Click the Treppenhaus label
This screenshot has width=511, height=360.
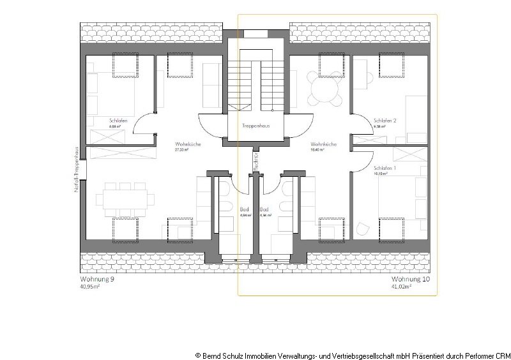point(256,126)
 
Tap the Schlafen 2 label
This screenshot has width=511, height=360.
point(385,121)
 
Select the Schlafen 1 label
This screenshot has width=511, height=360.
point(385,167)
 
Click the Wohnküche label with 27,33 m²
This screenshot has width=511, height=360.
point(188,145)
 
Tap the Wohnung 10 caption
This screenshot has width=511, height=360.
point(411,280)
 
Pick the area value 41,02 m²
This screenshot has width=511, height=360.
point(401,287)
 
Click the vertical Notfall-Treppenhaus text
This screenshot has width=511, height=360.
point(76,169)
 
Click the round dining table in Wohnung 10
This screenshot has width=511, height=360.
point(323,90)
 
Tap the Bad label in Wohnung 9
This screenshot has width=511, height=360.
point(244,209)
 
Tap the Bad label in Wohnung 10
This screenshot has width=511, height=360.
point(264,209)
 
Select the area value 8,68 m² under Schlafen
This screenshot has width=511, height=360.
point(115,127)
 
